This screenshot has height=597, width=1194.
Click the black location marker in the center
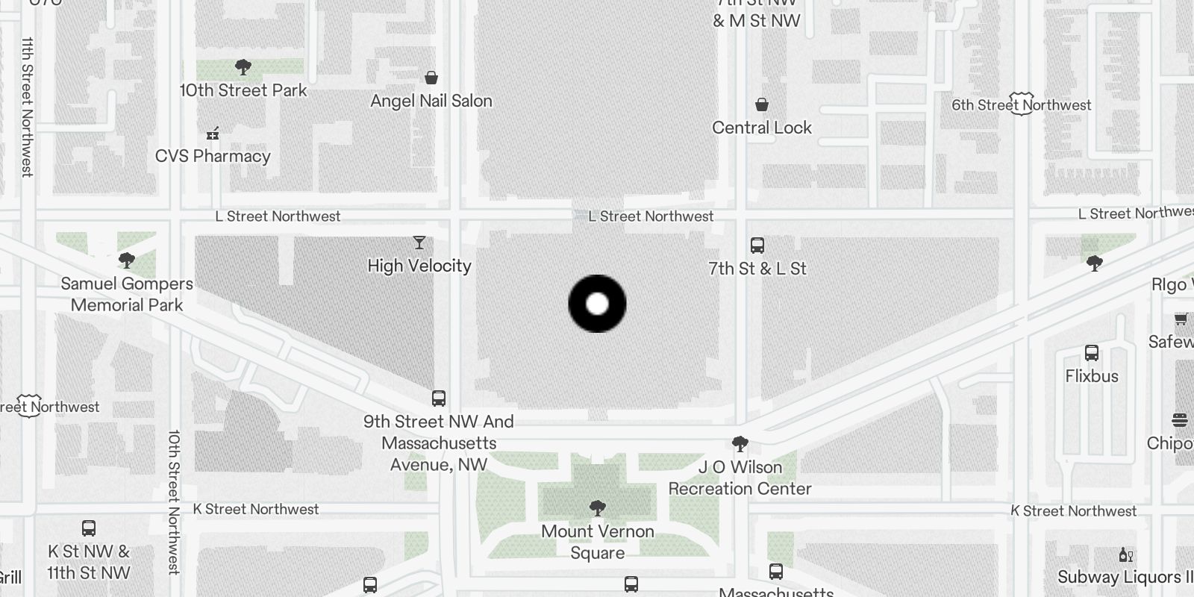point(597,304)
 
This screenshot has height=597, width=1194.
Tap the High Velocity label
point(419,266)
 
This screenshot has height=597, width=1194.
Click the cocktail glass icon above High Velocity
point(419,243)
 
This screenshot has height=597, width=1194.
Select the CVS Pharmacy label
point(213,156)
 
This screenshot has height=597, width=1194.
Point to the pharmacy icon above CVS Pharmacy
point(213,134)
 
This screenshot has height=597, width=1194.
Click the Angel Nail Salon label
point(431,101)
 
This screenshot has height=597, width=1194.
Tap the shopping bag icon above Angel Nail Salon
point(431,77)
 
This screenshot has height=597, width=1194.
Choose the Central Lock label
point(761,128)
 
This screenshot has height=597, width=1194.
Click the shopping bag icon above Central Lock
point(761,104)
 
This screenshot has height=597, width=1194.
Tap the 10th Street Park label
point(243,90)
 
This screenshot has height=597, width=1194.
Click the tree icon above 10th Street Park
point(243,67)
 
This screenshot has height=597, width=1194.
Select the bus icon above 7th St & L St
point(757,245)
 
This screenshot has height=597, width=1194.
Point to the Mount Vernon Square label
point(597,542)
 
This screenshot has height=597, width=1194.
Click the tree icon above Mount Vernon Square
point(597,508)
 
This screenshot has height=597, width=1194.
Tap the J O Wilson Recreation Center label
point(740,478)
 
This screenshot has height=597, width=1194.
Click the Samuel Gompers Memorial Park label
point(127,294)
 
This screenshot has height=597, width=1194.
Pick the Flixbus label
point(1092,376)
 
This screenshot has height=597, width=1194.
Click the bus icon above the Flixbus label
point(1092,353)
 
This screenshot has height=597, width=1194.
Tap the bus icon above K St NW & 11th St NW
point(89,528)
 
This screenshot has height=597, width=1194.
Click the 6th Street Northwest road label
point(1021,105)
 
